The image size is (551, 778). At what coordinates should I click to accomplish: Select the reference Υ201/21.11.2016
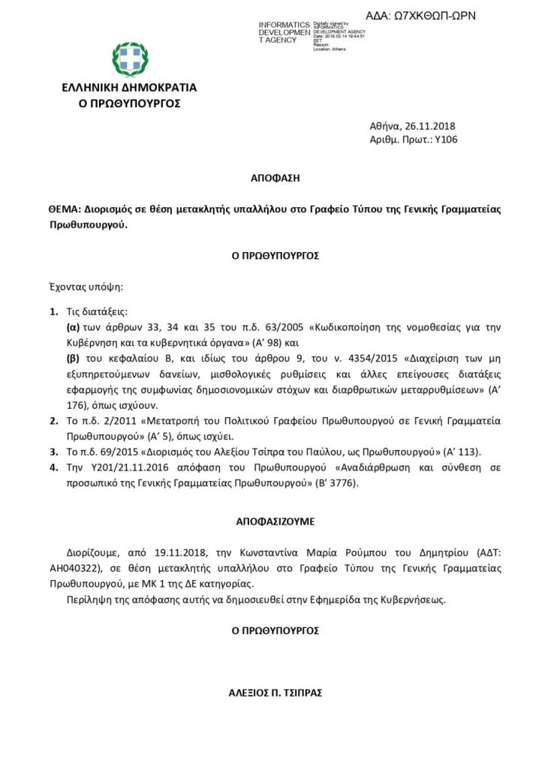pyautogui.click(x=114, y=468)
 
